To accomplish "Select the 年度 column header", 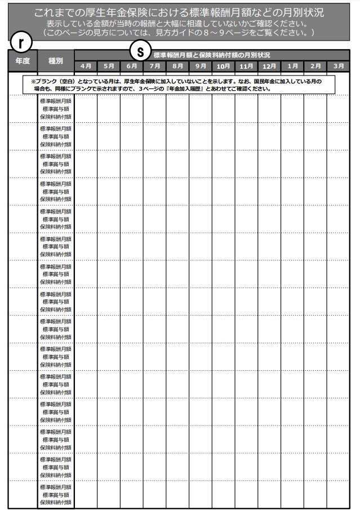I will [x=23, y=60].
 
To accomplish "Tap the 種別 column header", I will [x=56, y=60].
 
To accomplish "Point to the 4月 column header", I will [x=86, y=66].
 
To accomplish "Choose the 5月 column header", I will [x=109, y=66].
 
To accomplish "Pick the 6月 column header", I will [x=132, y=66].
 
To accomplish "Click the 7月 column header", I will [x=154, y=66].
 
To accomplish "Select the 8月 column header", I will [x=177, y=66].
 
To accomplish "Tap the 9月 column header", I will [x=201, y=66].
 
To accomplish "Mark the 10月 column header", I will [x=224, y=66].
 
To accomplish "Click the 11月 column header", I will [x=247, y=66].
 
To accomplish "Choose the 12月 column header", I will [x=269, y=66].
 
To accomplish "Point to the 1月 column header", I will [x=292, y=66].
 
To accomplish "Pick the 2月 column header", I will [x=315, y=66].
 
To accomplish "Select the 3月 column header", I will [x=339, y=66].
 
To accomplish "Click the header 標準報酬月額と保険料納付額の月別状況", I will [x=211, y=55].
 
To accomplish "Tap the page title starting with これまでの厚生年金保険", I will [x=179, y=12].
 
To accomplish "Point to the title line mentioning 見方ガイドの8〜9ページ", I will [x=179, y=33].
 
